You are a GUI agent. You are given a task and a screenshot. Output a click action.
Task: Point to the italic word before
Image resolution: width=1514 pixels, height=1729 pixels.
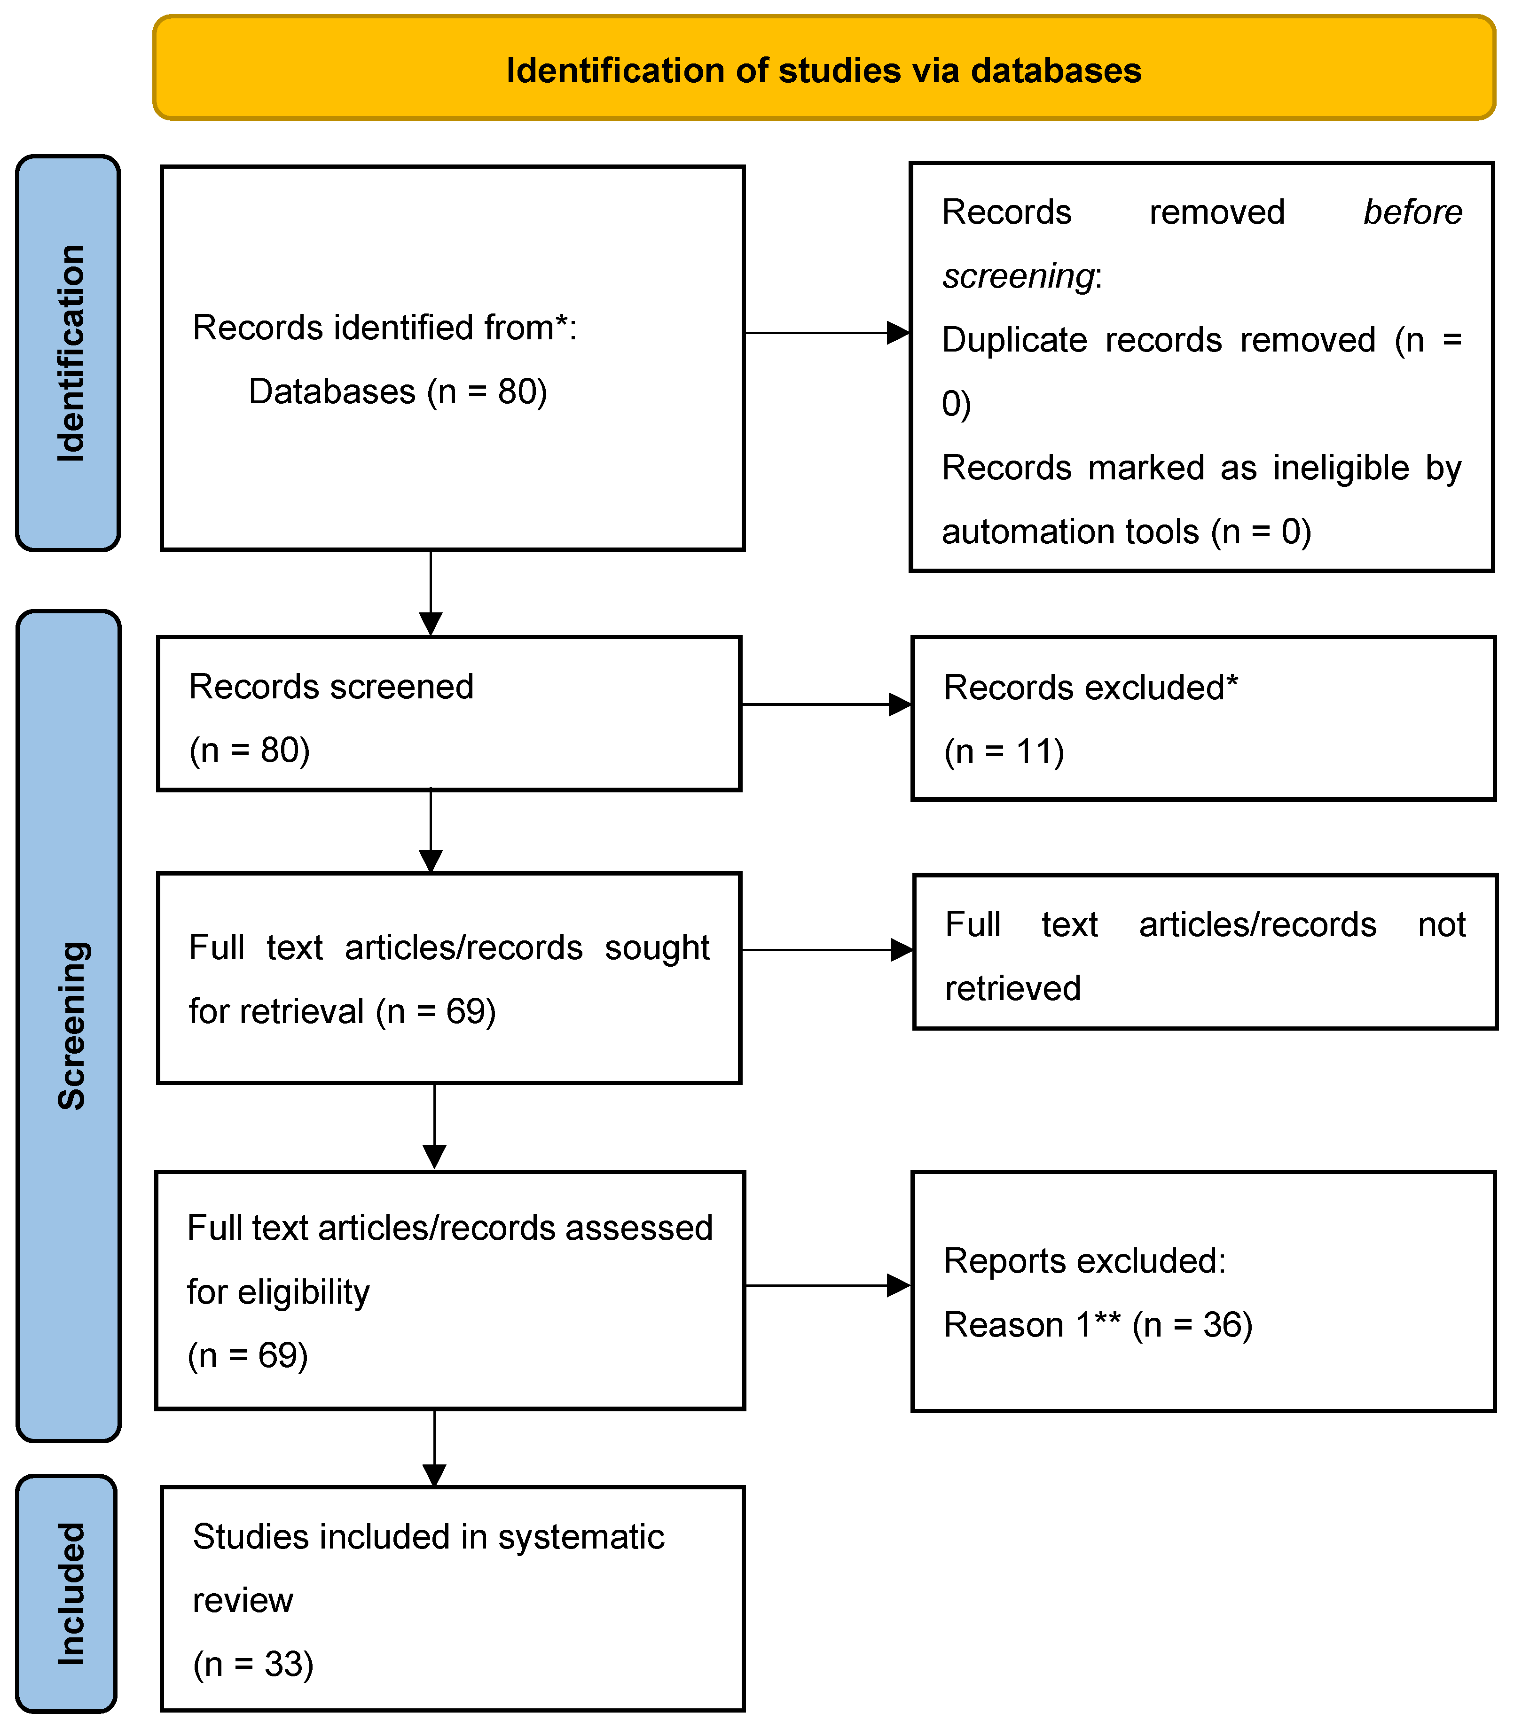tap(1412, 212)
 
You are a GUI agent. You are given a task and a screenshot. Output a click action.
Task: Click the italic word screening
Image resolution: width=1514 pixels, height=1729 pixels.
tap(1018, 276)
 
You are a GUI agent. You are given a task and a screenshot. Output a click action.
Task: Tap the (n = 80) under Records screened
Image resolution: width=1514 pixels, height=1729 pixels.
tap(249, 750)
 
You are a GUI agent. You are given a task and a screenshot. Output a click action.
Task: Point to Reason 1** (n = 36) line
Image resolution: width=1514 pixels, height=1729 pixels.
tap(1098, 1324)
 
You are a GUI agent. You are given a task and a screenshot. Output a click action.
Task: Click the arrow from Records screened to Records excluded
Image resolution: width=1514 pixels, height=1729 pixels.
tap(826, 704)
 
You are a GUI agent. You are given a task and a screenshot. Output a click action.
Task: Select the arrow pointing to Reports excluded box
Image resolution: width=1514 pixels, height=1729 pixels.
tap(828, 1285)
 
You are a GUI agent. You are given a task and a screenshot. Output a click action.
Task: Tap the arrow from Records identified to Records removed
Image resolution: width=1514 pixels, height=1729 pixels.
tap(826, 333)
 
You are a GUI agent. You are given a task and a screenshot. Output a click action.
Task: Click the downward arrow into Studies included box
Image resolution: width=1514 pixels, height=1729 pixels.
tap(434, 1448)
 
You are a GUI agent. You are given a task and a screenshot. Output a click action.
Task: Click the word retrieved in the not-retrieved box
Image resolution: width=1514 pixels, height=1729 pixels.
tap(1012, 988)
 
